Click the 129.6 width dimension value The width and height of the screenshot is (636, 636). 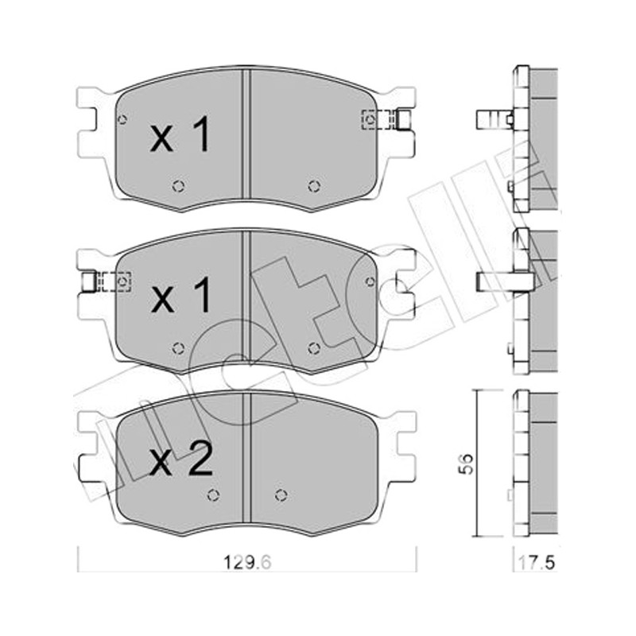(x=247, y=562)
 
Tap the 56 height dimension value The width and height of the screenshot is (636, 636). (x=466, y=463)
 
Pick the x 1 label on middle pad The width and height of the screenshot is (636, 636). (x=181, y=295)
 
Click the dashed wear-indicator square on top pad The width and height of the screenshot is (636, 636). (x=370, y=120)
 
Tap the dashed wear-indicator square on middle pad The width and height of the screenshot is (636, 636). (x=122, y=281)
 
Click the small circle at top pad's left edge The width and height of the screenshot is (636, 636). (x=122, y=119)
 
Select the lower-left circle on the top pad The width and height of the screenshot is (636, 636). (x=178, y=186)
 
